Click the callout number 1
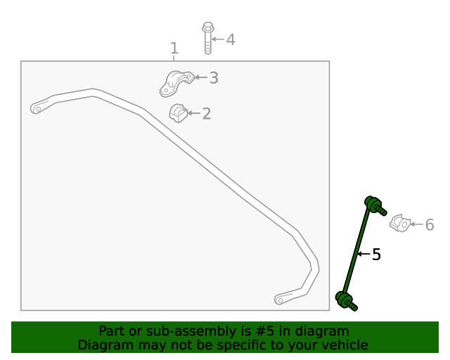click(x=174, y=48)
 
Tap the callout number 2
click(x=206, y=113)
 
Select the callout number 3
click(x=214, y=78)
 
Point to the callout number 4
click(x=230, y=39)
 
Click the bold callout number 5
click(x=376, y=255)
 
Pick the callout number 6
click(x=429, y=225)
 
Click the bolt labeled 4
click(x=207, y=38)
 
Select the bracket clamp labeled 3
click(x=176, y=82)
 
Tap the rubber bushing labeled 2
click(x=177, y=112)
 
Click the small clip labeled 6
click(x=399, y=224)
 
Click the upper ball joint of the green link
click(x=373, y=205)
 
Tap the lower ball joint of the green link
click(x=345, y=301)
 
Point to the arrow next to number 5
click(x=364, y=255)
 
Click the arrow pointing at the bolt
click(x=217, y=39)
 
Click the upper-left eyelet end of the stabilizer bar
click(x=38, y=108)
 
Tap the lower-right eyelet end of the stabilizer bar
click(x=281, y=299)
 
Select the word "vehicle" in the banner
click(x=343, y=345)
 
